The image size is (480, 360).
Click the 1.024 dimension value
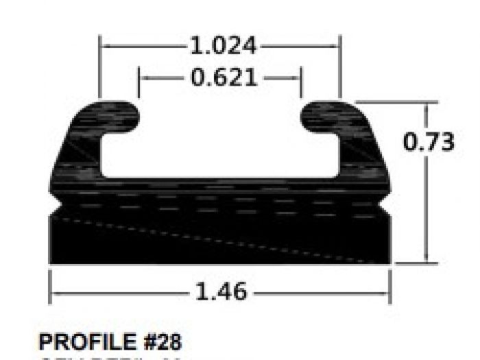point(223,47)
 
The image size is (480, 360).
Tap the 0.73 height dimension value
point(429,142)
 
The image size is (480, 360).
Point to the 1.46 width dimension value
point(221,292)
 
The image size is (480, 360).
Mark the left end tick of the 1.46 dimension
point(50,287)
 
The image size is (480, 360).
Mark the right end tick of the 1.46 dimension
point(390,287)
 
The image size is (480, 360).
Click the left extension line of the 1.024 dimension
point(101,69)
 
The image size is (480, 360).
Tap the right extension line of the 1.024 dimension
point(340,69)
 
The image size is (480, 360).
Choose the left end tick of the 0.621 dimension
point(139,82)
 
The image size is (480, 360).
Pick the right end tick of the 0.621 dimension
point(300,82)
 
